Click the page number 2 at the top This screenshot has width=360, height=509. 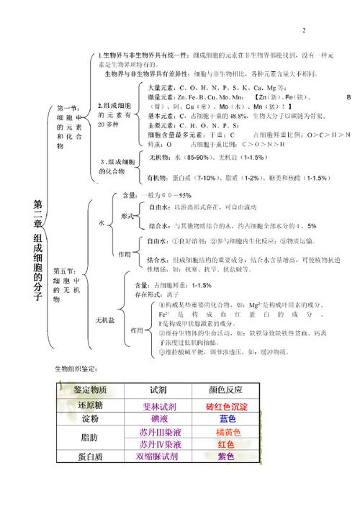(x=304, y=30)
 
